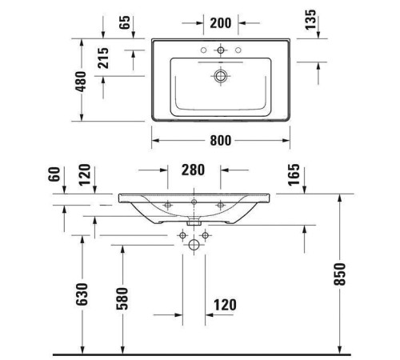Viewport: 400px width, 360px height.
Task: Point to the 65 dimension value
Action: [x=125, y=22]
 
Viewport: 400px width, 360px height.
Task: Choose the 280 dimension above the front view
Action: [x=194, y=170]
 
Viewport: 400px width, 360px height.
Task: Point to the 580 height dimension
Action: [x=122, y=297]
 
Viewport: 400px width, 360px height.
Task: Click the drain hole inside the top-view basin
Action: [x=221, y=77]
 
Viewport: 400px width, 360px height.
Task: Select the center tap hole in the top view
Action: [x=221, y=50]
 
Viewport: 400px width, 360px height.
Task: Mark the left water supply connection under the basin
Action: [x=182, y=235]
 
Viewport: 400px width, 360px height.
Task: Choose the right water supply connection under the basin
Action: [x=205, y=235]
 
